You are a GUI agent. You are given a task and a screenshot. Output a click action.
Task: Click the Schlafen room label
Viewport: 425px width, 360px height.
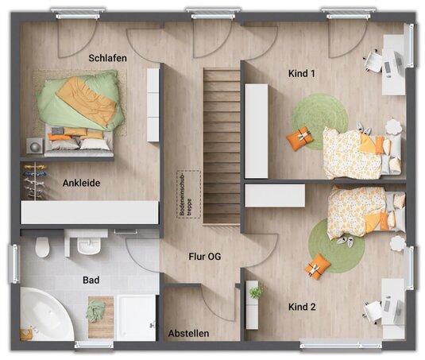107,58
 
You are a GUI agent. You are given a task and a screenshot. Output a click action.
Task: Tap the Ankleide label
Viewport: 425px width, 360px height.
81,183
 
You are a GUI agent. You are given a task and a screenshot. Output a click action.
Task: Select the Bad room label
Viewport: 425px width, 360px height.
91,280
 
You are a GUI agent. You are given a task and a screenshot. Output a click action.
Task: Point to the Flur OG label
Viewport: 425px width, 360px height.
205,257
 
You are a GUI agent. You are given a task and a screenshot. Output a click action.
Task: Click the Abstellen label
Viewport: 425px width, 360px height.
188,334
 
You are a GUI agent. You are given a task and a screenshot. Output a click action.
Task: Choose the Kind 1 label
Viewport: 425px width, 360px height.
302,73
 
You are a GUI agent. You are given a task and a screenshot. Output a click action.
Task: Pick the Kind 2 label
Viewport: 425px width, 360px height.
302,307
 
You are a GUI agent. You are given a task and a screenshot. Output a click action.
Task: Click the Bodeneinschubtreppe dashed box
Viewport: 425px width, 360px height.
189,194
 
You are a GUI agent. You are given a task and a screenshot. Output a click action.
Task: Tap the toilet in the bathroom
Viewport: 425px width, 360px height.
43,247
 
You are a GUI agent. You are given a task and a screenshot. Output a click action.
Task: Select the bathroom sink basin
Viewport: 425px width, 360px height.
89,246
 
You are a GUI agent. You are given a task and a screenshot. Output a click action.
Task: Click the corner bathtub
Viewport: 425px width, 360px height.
46,315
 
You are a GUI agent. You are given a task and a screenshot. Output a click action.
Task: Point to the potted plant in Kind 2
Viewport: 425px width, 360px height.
256,292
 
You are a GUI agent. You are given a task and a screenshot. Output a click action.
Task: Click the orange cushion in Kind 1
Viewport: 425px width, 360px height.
300,138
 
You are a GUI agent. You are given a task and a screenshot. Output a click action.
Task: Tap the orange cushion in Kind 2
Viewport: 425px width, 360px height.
318,266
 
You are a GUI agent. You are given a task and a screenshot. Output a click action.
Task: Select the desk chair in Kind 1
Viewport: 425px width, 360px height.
373,60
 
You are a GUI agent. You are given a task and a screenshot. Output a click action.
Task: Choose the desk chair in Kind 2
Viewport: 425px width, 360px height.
373,312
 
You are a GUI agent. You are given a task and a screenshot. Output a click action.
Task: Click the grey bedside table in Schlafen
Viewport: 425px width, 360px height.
35,146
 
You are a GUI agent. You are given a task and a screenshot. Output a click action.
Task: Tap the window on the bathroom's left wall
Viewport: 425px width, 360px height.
14,264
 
